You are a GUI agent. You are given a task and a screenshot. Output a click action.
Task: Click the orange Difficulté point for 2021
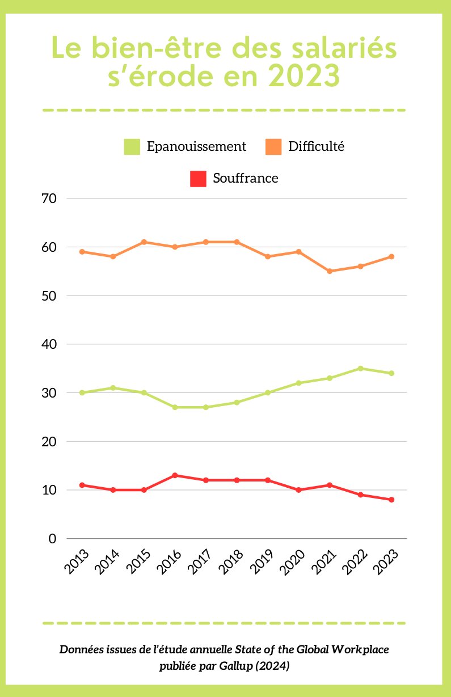330,271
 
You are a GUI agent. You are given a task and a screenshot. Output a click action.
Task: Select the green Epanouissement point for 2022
360,368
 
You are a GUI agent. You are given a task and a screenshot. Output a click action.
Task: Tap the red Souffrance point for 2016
175,475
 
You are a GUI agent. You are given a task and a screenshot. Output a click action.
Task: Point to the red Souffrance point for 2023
391,500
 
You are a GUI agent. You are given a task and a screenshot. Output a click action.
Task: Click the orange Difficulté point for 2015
144,242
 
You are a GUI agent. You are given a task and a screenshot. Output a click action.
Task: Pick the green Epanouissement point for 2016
175,407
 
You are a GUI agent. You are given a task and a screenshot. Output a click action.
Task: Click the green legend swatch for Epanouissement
132,146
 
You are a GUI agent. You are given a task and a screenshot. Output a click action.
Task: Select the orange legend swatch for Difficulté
273,146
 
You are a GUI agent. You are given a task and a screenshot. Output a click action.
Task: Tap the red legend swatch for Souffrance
198,178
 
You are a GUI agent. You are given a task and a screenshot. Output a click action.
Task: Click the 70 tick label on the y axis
49,198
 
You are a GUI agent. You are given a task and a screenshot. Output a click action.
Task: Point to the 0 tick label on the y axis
53,538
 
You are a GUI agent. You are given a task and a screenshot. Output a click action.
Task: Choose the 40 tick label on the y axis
49,344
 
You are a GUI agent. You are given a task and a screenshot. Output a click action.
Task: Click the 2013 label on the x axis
77,561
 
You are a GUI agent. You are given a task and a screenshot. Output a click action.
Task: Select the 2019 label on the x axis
262,561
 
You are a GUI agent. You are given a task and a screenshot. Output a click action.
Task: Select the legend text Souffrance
246,178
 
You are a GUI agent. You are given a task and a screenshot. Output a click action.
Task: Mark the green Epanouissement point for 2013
82,392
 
